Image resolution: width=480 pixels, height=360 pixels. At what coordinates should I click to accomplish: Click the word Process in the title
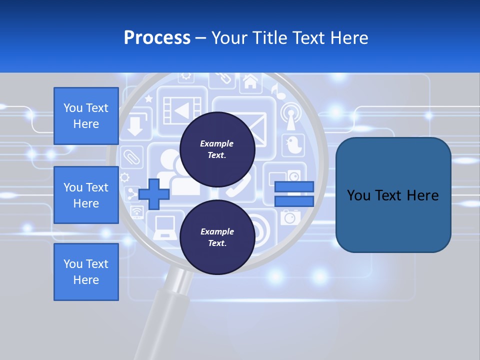click(157, 38)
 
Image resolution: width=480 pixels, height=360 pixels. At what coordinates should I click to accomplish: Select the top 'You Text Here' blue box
click(86, 116)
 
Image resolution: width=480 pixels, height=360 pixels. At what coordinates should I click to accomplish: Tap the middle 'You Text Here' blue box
click(86, 195)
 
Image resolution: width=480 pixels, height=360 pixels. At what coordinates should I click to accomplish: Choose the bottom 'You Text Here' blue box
click(86, 272)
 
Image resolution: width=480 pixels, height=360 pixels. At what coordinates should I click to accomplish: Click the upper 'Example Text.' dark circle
click(217, 149)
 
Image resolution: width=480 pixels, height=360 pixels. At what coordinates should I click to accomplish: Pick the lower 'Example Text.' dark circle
click(217, 237)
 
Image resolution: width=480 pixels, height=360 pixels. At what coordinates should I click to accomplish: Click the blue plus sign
click(154, 194)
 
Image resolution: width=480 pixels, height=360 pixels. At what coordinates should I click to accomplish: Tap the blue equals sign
click(294, 194)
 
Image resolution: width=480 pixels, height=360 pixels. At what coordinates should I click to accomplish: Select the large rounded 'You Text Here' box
click(393, 195)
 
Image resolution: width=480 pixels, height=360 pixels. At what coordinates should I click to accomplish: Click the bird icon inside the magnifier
click(293, 145)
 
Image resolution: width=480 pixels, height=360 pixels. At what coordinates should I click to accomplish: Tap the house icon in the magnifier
click(250, 81)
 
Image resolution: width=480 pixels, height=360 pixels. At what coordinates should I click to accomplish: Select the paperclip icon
click(132, 157)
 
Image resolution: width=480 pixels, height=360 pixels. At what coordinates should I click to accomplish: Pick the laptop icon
click(165, 227)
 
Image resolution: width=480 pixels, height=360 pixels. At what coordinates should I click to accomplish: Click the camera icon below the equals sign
click(289, 217)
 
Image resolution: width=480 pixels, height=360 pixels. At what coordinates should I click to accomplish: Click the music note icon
click(276, 90)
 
